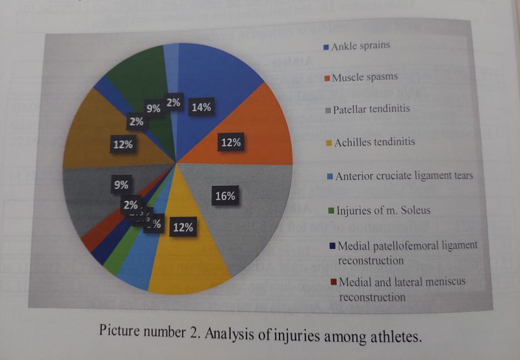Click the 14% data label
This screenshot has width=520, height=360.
[200, 108]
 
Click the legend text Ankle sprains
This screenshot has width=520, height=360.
[361, 47]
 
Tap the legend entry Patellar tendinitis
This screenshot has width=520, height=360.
[371, 109]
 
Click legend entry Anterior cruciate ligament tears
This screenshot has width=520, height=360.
[404, 175]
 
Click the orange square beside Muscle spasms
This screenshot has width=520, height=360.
[327, 79]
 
